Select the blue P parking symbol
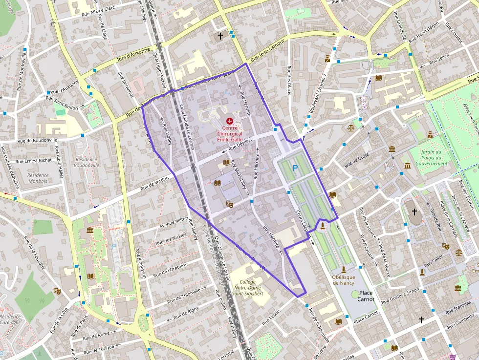295,168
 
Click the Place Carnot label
366,296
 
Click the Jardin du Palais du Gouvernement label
434,157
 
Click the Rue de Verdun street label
154,182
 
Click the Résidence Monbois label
38,178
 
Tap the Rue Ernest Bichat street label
33,160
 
